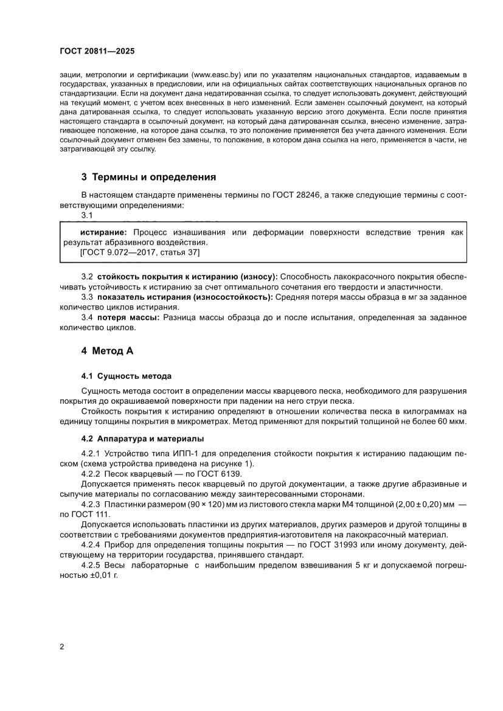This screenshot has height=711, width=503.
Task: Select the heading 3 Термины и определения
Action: click(149, 178)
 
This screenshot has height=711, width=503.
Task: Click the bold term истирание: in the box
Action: click(104, 232)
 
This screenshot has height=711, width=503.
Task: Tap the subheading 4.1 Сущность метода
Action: click(127, 376)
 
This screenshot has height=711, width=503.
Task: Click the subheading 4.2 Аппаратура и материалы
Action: click(143, 439)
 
